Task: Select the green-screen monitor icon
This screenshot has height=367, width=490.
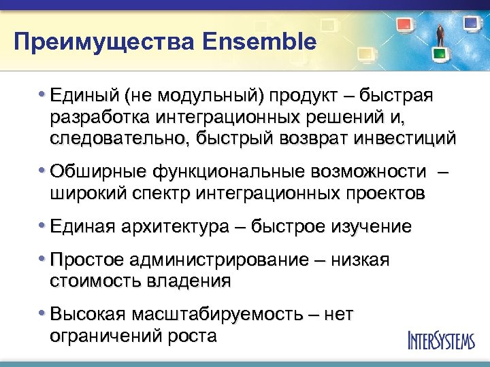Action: (440, 52)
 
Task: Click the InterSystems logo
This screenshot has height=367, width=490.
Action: (440, 339)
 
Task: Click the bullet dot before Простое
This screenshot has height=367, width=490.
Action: (43, 259)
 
